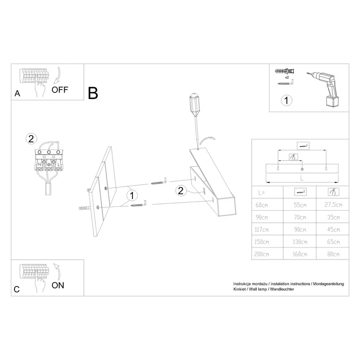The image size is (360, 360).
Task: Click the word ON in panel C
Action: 57,285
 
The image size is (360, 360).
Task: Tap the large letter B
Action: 93,93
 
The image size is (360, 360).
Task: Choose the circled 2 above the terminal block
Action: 31,139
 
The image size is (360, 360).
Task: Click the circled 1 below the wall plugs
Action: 286,100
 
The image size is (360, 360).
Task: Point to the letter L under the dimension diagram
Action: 301,179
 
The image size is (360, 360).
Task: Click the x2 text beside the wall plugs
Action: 287,76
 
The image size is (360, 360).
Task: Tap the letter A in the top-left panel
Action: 17,93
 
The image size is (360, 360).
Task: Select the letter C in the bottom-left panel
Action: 17,289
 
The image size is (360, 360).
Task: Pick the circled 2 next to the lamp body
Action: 180,190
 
